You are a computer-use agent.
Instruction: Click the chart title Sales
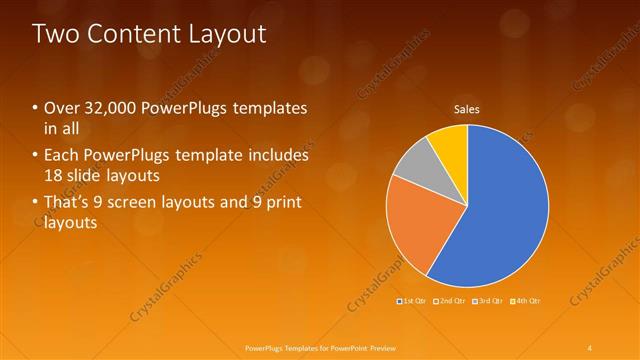[x=467, y=108]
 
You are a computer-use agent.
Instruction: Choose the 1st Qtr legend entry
[x=412, y=300]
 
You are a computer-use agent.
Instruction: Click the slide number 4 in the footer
[x=590, y=347]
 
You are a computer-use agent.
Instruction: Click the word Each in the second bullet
[x=62, y=156]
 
